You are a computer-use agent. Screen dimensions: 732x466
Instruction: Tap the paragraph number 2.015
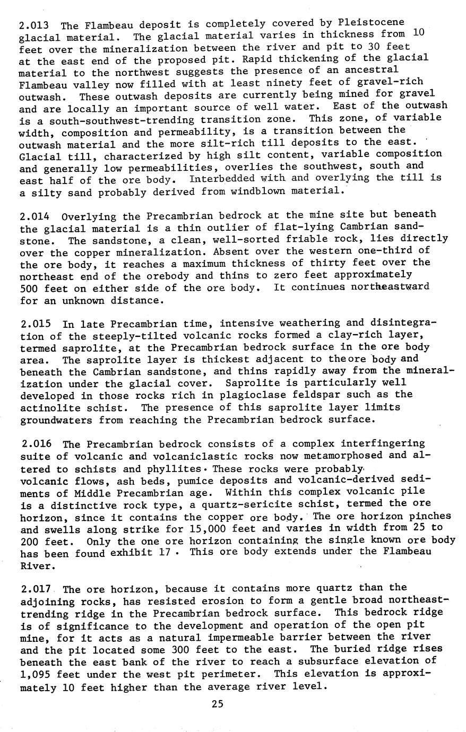click(35, 324)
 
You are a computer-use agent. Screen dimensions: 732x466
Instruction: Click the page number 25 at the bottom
click(218, 704)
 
